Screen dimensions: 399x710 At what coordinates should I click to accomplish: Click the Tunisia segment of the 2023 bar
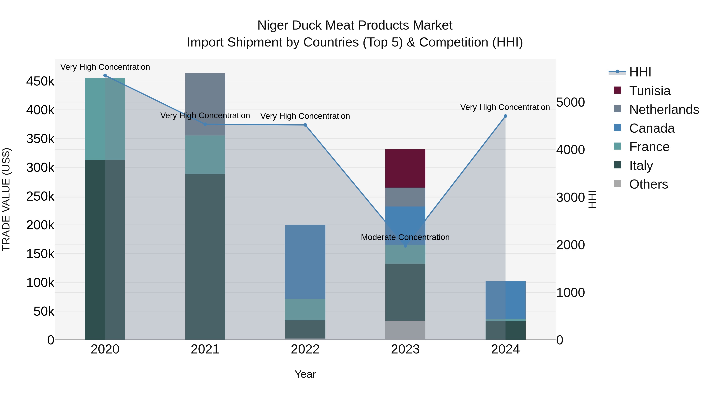coord(405,168)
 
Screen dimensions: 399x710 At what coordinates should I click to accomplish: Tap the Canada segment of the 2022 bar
coord(305,262)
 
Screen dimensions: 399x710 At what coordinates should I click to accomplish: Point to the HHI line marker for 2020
coord(105,75)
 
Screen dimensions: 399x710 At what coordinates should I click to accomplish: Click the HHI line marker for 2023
coord(405,246)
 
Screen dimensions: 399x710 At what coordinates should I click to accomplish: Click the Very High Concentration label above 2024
coord(505,107)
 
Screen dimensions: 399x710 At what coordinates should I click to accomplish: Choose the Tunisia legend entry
coord(650,91)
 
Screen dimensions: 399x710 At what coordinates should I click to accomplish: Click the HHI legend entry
coord(640,72)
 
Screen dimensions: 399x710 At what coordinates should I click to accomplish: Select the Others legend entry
coord(648,184)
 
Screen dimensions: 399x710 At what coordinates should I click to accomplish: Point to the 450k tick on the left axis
coord(40,82)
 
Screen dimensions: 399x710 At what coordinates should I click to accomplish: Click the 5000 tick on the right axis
coord(570,102)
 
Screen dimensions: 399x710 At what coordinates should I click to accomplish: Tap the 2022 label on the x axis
coord(305,349)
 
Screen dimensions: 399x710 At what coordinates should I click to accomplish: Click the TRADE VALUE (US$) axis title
coord(6,199)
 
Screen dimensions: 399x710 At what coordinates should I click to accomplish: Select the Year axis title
coord(305,374)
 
